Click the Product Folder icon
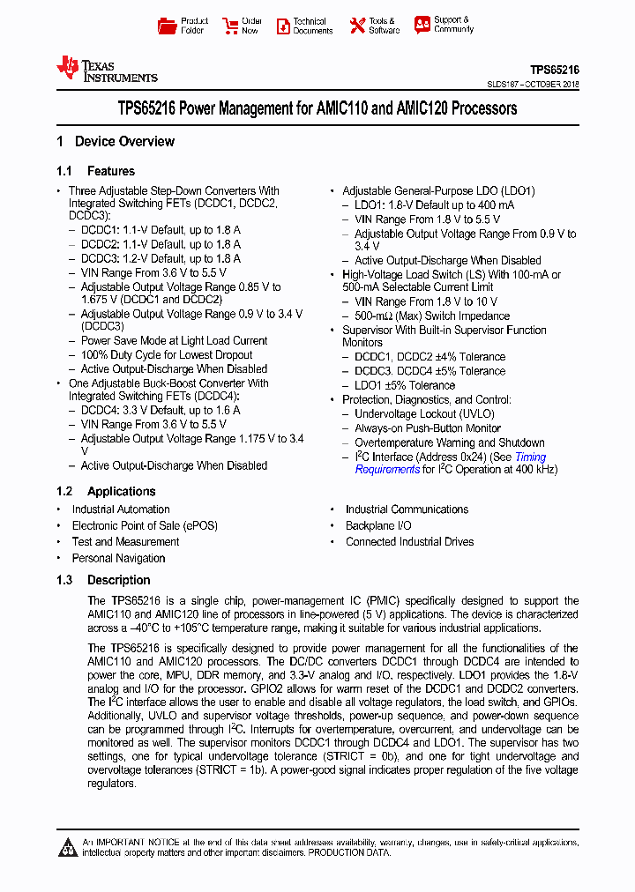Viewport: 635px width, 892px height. tap(167, 26)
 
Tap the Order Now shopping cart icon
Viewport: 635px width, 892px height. tap(230, 26)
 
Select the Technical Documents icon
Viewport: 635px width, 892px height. tap(282, 26)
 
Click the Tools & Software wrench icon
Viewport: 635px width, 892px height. tap(357, 26)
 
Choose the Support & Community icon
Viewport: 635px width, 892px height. tap(422, 25)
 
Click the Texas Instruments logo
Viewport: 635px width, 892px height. tap(107, 69)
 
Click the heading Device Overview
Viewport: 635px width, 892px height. tap(124, 141)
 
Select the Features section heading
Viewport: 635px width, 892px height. tap(110, 171)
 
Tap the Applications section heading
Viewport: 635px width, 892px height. tap(121, 491)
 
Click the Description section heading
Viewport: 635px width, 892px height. tap(118, 580)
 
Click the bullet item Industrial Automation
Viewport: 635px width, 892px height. tap(121, 509)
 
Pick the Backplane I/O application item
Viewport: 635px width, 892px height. tap(378, 525)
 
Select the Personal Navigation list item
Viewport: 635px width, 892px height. tap(118, 558)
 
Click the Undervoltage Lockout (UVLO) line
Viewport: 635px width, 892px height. tap(424, 413)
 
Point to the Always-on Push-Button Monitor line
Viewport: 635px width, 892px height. tap(428, 427)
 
